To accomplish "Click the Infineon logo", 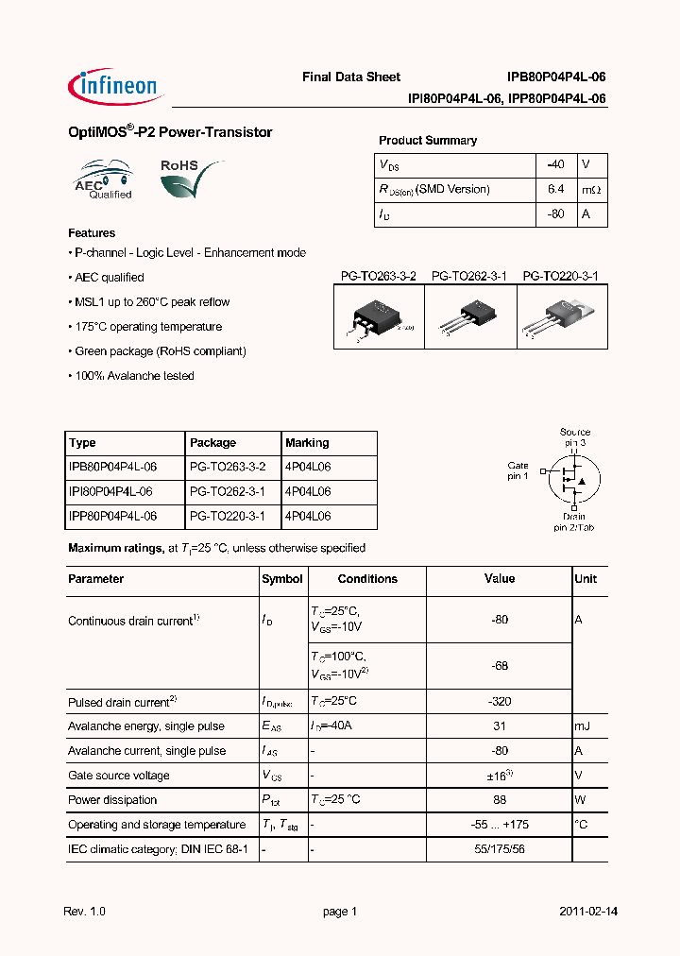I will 117,86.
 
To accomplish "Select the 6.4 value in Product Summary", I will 555,190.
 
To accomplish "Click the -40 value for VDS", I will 555,164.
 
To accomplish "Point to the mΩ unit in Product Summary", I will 591,190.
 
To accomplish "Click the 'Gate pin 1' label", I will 518,470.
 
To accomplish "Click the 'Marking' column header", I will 307,443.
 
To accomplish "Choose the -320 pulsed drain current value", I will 500,702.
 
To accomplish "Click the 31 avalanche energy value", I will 500,726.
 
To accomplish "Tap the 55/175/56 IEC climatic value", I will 500,849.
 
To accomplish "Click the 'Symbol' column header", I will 282,579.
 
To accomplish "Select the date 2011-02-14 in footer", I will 588,912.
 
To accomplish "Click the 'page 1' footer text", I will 340,912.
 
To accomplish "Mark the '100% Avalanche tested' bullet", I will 132,376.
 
